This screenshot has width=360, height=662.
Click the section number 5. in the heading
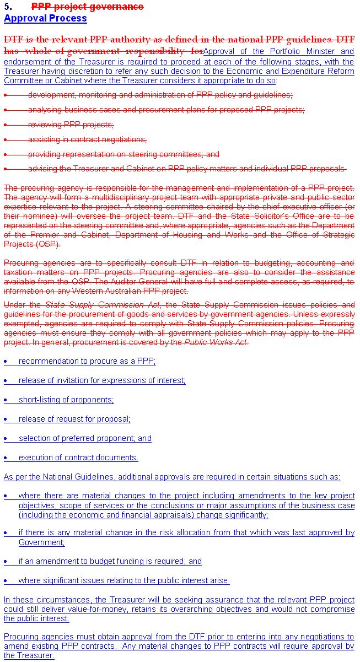click(9, 7)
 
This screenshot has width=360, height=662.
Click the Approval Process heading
click(45, 18)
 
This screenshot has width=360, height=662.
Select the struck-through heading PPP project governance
click(87, 7)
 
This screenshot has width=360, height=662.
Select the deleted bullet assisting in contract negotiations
click(87, 139)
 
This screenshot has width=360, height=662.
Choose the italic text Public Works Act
click(216, 342)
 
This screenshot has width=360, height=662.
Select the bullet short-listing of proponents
click(66, 400)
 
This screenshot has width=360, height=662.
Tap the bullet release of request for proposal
click(74, 419)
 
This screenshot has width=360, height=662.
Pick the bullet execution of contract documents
click(78, 458)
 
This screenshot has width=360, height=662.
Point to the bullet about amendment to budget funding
click(110, 561)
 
